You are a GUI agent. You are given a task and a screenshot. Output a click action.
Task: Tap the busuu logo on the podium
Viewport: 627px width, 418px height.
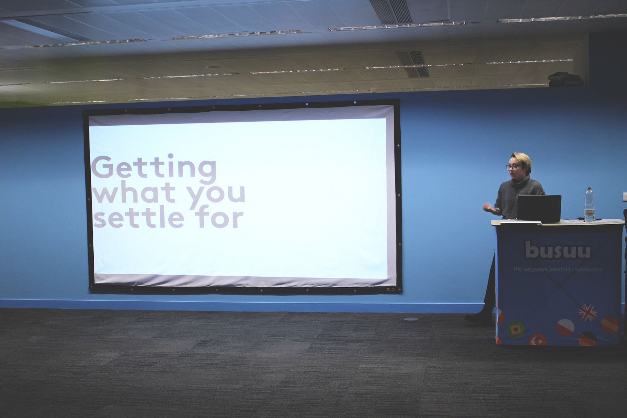(558, 250)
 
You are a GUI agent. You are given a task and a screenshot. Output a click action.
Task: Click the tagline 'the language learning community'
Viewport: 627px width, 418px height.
(558, 269)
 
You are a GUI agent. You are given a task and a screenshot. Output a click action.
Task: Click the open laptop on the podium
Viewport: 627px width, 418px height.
(539, 209)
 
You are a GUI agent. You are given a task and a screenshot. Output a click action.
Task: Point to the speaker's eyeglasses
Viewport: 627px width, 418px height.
(513, 167)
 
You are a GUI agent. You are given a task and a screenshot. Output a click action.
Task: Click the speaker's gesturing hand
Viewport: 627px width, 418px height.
(488, 207)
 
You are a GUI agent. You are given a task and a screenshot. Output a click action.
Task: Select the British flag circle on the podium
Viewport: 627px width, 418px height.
(587, 313)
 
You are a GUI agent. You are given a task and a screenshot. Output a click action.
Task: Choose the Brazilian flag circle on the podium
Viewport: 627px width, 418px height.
(516, 330)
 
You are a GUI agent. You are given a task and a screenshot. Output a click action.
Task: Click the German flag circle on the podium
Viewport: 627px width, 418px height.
(587, 339)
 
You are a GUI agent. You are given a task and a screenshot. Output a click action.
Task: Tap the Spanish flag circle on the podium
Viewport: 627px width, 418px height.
(609, 325)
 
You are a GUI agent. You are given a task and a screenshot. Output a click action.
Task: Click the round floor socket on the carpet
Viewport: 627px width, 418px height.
(411, 319)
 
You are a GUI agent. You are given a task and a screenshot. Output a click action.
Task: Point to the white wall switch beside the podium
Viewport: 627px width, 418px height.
(624, 197)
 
